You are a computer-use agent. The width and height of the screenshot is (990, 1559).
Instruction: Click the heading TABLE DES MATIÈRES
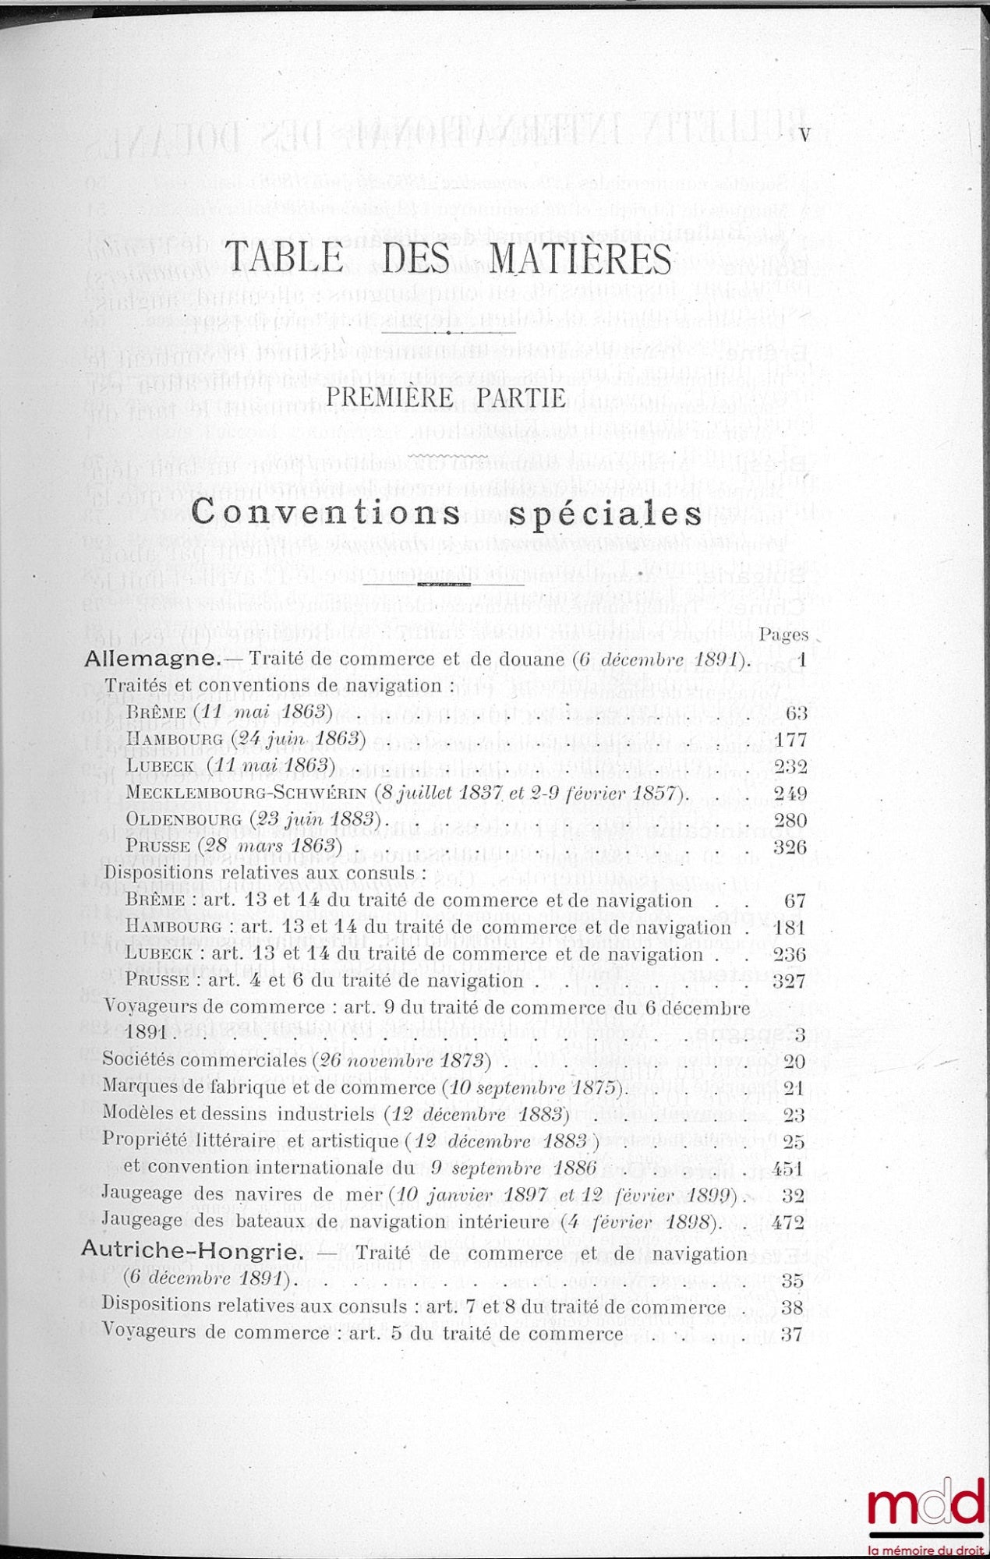pyautogui.click(x=448, y=259)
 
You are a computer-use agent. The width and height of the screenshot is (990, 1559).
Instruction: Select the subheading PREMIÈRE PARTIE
pyautogui.click(x=446, y=398)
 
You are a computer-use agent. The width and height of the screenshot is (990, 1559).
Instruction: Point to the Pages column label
pyautogui.click(x=784, y=635)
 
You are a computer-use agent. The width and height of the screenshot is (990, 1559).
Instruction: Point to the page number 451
pyautogui.click(x=788, y=1168)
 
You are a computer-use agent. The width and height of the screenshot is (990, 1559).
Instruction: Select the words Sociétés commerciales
pyautogui.click(x=204, y=1061)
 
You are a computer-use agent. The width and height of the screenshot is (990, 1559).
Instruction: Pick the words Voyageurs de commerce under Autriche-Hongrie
pyautogui.click(x=215, y=1334)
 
